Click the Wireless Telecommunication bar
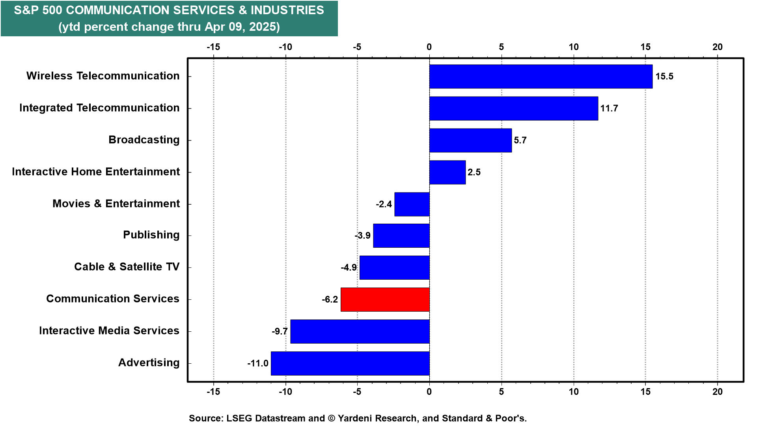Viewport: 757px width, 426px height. tap(541, 77)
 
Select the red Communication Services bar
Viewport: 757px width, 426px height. tap(385, 299)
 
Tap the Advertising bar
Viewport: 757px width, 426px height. tap(350, 363)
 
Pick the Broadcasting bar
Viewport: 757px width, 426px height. tap(470, 140)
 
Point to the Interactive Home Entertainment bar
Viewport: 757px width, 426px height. tap(447, 172)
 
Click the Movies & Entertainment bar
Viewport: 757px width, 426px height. tap(412, 204)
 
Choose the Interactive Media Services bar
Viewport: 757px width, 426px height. tap(360, 331)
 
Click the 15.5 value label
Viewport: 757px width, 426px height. tap(664, 77)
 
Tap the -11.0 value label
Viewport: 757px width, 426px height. tap(258, 363)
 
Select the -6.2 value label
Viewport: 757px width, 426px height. tap(330, 300)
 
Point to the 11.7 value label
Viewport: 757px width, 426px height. tap(609, 108)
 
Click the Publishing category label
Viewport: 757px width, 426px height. tap(151, 235)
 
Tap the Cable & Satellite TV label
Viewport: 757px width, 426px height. tap(127, 267)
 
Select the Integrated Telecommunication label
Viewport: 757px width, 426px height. tap(99, 108)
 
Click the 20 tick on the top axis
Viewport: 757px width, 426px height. tap(717, 47)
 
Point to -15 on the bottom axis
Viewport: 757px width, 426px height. tap(213, 392)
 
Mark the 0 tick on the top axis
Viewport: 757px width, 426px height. tap(429, 47)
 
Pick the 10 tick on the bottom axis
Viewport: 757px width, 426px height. tap(573, 392)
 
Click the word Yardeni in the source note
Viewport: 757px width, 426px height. tap(356, 418)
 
